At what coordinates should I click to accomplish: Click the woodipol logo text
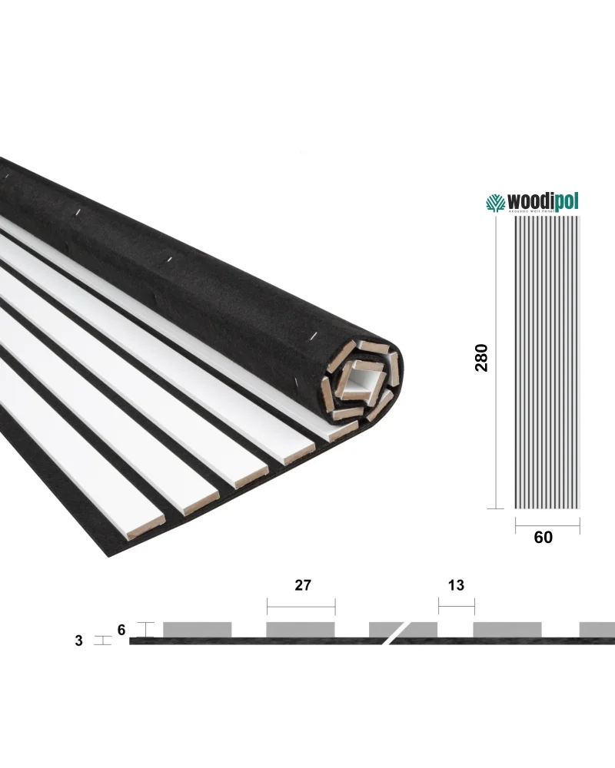click(x=541, y=202)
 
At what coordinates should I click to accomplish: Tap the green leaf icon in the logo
click(x=494, y=203)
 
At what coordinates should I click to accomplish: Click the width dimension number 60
click(x=543, y=537)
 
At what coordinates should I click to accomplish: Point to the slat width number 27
click(x=302, y=585)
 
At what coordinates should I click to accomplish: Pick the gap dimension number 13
click(x=456, y=585)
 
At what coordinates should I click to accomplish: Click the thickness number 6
click(x=121, y=629)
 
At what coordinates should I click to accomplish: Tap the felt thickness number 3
click(x=78, y=641)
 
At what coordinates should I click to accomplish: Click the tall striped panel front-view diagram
click(x=546, y=361)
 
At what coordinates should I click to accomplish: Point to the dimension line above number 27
click(x=301, y=606)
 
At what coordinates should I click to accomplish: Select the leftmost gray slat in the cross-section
click(x=198, y=629)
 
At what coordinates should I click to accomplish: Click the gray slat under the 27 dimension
click(x=301, y=629)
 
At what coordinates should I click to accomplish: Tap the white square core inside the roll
click(x=361, y=382)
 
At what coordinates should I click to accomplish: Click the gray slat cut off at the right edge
click(x=597, y=629)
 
